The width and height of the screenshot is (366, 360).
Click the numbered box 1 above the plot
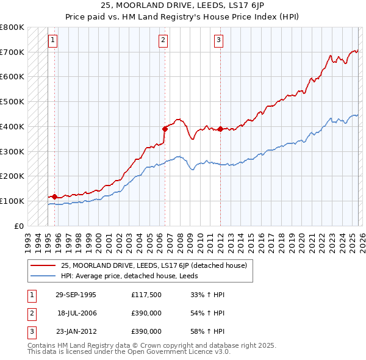53,41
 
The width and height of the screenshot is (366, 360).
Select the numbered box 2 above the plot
163,41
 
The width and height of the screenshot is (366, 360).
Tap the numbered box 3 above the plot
218,41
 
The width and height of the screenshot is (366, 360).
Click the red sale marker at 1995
55,196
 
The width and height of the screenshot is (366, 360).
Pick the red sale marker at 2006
165,128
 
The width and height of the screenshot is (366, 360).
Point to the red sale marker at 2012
220,129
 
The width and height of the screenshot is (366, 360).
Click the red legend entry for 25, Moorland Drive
154,265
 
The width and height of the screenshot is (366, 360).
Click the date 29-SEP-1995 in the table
76,295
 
